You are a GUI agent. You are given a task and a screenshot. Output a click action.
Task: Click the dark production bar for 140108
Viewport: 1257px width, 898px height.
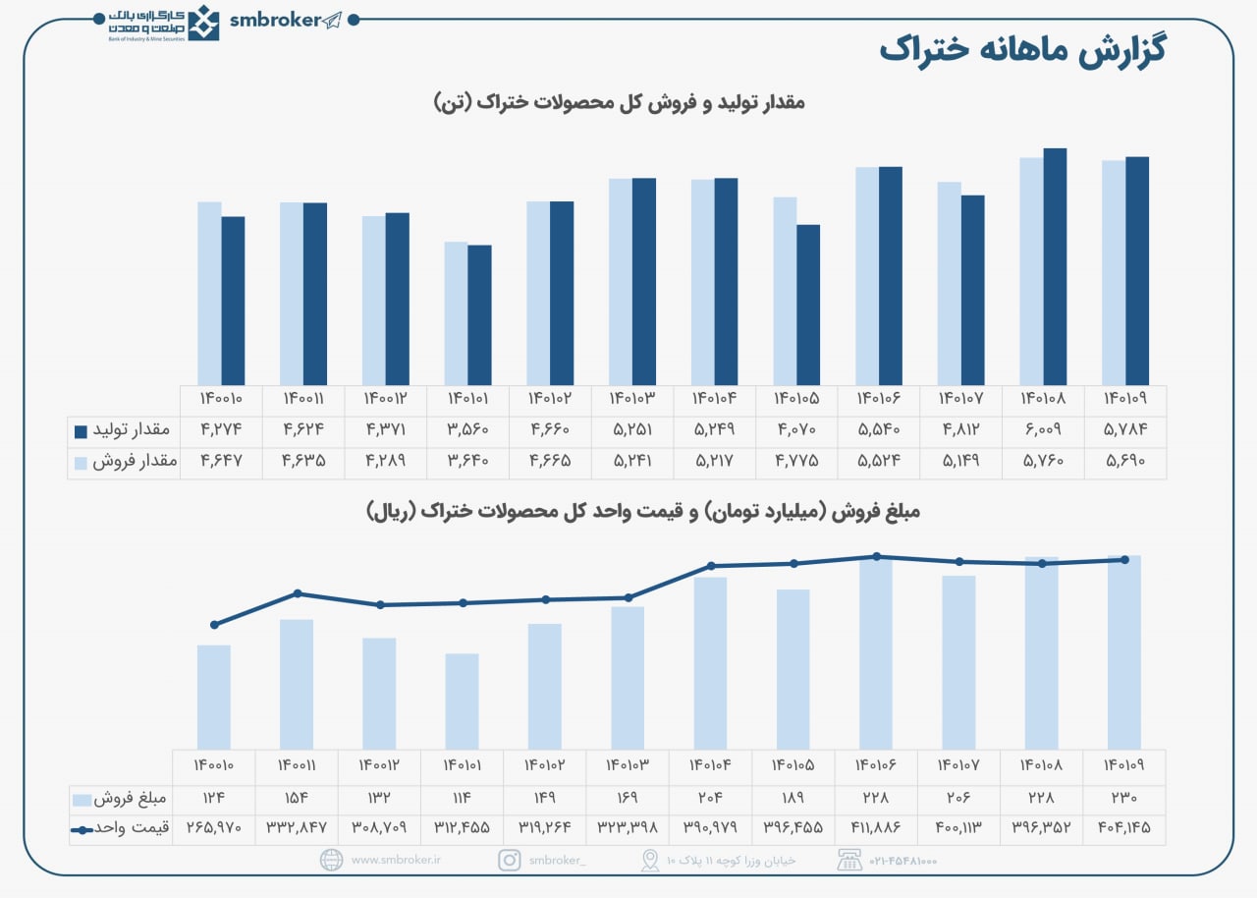coord(1055,266)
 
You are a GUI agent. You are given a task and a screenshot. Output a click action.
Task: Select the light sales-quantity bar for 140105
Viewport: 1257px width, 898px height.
coord(785,291)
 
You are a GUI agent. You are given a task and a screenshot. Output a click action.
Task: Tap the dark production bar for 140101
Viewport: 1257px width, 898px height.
coord(479,314)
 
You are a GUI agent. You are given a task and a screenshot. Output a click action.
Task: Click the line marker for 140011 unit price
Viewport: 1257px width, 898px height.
coord(298,593)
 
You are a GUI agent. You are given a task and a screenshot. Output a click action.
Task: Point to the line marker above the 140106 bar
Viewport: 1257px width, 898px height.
coord(876,556)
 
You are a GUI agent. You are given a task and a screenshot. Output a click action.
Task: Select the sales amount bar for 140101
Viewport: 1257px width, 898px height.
coord(462,702)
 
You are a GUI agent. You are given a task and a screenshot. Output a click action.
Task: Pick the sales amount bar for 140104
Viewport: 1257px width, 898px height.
coord(710,663)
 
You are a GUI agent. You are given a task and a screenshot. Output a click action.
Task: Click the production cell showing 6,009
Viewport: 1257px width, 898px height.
coord(1043,430)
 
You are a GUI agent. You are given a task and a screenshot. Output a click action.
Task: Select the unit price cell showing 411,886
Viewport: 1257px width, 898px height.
coord(875,828)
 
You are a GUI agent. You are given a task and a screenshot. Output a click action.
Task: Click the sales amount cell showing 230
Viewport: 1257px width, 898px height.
coord(1123,799)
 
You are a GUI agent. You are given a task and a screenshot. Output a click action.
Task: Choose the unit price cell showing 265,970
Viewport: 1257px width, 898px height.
coord(213,828)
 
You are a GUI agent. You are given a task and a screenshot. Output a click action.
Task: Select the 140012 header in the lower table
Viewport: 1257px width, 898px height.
coord(379,764)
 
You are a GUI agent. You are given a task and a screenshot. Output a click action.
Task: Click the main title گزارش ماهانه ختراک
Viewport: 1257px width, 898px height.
coord(1021,50)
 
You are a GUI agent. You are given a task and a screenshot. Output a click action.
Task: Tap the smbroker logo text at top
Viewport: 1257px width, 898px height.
coord(275,20)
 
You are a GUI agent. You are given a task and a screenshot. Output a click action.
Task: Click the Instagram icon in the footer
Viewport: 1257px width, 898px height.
coord(509,860)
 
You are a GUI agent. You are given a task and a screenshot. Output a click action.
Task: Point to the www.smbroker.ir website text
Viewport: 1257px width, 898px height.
coord(396,860)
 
